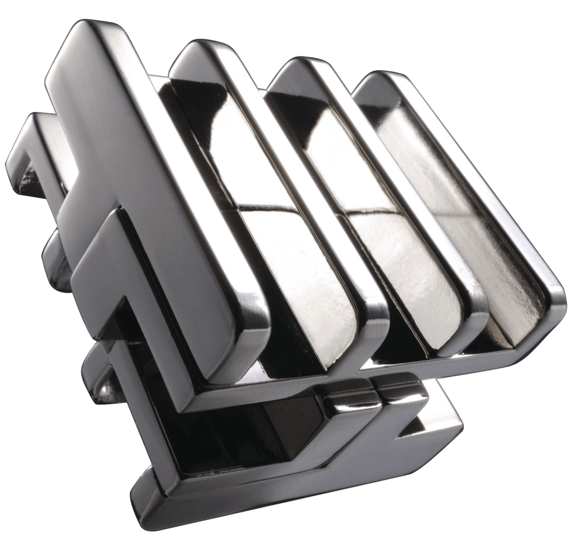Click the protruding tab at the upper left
(29, 151)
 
